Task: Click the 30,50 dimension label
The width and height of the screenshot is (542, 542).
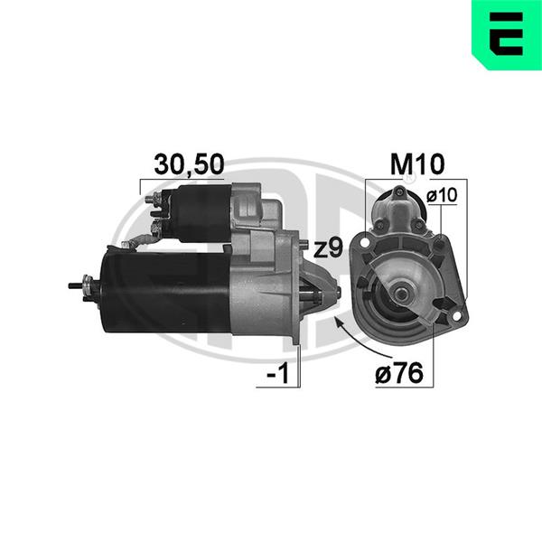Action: [x=189, y=164]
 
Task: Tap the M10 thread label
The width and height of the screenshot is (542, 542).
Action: [x=416, y=164]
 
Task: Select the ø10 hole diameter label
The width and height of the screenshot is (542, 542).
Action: [x=442, y=195]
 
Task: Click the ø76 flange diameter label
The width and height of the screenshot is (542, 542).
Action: [x=399, y=373]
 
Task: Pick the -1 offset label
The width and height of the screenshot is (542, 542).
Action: [x=278, y=373]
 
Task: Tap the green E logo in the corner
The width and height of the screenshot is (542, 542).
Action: [x=507, y=35]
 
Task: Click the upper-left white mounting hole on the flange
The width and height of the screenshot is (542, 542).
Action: [x=364, y=243]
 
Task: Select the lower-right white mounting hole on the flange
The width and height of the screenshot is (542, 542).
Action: [x=456, y=315]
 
